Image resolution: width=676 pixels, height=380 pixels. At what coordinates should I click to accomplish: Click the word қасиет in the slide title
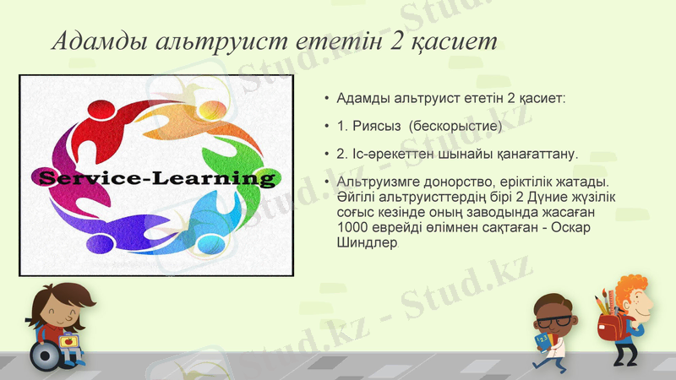(453, 41)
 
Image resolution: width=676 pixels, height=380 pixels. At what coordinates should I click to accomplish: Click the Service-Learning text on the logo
(156, 178)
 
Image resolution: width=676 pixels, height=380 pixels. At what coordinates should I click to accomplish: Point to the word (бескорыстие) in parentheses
(455, 126)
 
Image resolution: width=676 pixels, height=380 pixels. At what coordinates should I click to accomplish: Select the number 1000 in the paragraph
(352, 227)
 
